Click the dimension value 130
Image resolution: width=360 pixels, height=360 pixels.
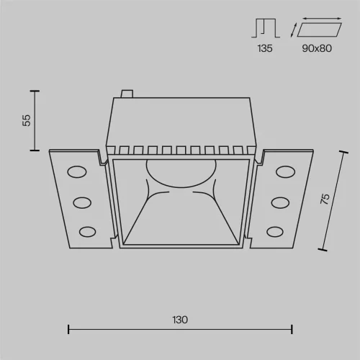click(180, 320)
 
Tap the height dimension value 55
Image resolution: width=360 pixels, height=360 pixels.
click(27, 120)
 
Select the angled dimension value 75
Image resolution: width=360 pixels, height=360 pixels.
click(325, 199)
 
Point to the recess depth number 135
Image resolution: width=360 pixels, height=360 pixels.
click(265, 48)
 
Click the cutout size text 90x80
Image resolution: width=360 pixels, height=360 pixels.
click(317, 48)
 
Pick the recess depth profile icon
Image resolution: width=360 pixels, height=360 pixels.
click(266, 28)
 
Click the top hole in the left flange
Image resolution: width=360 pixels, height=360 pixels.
click(77, 172)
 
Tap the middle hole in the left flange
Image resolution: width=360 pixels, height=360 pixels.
click(82, 203)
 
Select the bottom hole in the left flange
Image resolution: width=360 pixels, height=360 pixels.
click(88, 232)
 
